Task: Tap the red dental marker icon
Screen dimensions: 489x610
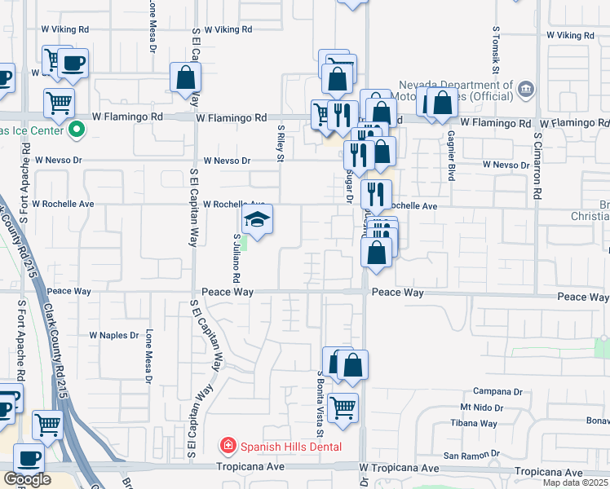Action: point(228,446)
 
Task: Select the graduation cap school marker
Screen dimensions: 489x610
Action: point(257,220)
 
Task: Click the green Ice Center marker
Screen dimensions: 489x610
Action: point(77,129)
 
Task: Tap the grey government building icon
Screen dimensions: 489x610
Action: point(526,88)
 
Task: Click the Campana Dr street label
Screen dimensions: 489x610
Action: point(497,391)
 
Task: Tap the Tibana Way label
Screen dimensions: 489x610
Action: point(474,424)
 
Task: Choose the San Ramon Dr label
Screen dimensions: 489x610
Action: point(471,454)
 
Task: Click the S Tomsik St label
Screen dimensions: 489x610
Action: point(495,49)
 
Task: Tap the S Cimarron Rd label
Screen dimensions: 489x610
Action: point(538,167)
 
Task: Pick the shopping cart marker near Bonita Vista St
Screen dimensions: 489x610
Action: point(343,407)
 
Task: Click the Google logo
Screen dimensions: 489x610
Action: point(27,480)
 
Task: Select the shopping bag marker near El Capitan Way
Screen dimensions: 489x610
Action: point(186,77)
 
